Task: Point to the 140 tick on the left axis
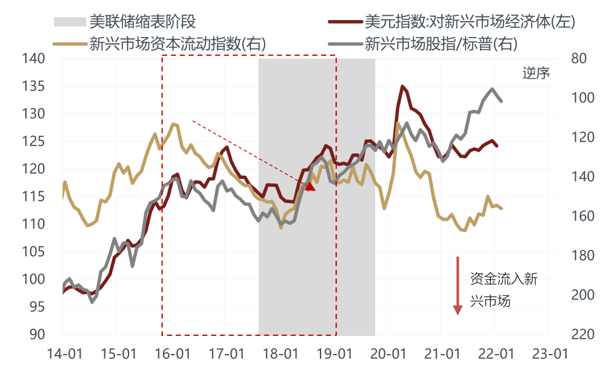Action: pos(36,59)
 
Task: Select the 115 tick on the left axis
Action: pos(36,196)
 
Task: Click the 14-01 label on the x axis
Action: pos(63,353)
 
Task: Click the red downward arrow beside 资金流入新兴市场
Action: pos(458,285)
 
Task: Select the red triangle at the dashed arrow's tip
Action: pos(310,186)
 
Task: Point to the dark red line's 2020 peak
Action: pos(402,86)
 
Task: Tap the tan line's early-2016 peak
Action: pos(173,124)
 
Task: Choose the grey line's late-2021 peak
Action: pos(492,89)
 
